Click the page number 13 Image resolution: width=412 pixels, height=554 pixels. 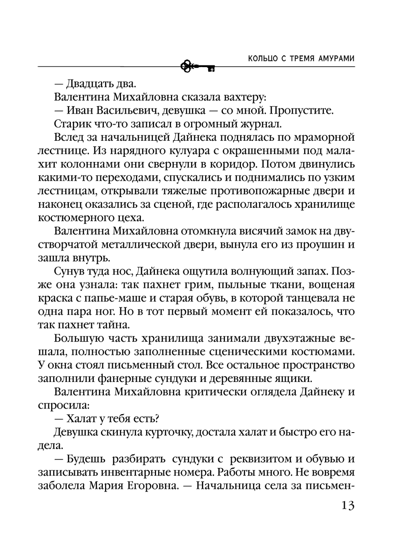348,505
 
